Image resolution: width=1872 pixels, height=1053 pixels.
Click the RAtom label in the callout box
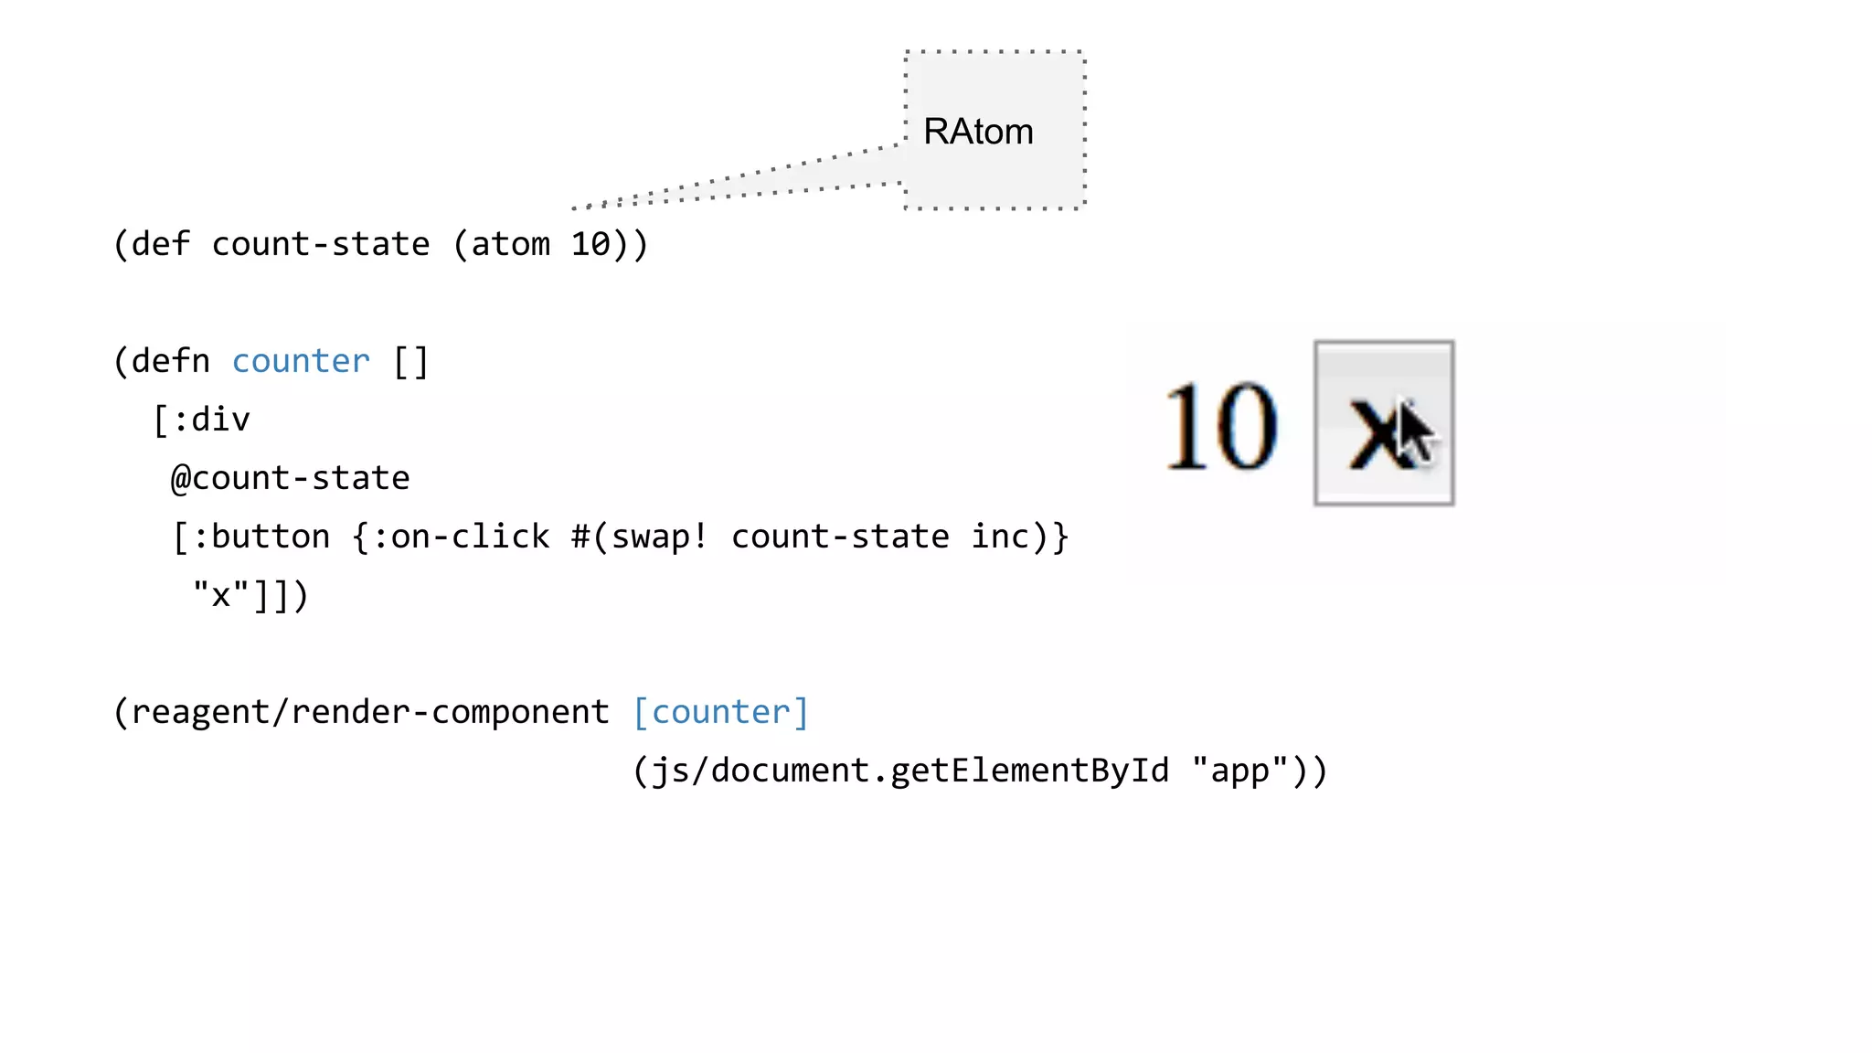pos(978,132)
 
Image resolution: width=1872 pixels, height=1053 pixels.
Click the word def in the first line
pos(161,245)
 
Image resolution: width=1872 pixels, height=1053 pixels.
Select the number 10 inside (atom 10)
pos(590,245)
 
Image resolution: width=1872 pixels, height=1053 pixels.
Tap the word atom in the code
pos(510,245)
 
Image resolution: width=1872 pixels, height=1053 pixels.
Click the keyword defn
pos(171,362)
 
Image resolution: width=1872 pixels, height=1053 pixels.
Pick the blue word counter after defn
pos(301,362)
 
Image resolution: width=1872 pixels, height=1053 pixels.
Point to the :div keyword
pos(211,420)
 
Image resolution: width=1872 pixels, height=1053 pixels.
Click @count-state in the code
pos(291,479)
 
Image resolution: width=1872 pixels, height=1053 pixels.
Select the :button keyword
pos(261,537)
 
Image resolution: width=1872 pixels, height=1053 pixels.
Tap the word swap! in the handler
pos(659,537)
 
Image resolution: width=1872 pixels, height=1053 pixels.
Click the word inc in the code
pos(1000,537)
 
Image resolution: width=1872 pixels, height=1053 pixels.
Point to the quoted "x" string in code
pos(220,596)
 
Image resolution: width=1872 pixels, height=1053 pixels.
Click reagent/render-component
pos(370,713)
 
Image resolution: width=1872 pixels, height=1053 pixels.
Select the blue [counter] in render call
pos(721,713)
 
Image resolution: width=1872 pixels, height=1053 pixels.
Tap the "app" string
pos(1239,771)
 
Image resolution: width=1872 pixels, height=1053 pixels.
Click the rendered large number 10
pos(1221,426)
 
